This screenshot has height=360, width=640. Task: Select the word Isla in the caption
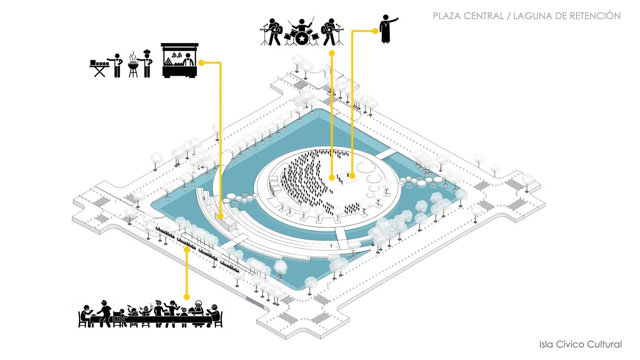tap(546, 344)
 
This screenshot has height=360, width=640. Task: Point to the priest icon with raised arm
tap(386, 29)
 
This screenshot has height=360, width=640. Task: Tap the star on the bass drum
tap(302, 38)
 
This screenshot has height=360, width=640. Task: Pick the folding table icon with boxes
tap(99, 68)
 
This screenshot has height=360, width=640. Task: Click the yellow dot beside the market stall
tap(201, 63)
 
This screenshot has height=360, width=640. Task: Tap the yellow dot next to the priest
tap(375, 31)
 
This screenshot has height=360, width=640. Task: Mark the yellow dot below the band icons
tap(332, 53)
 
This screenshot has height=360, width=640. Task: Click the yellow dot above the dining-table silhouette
tap(187, 297)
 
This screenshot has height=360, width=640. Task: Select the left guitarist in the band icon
tap(273, 32)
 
